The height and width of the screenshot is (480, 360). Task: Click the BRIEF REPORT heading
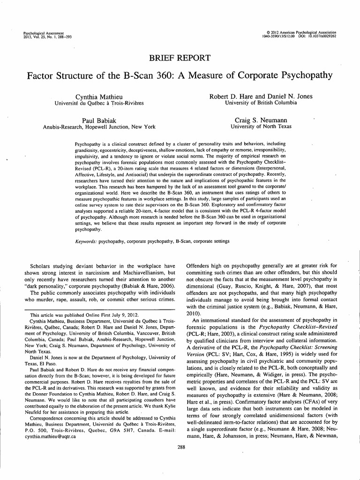(x=180, y=58)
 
